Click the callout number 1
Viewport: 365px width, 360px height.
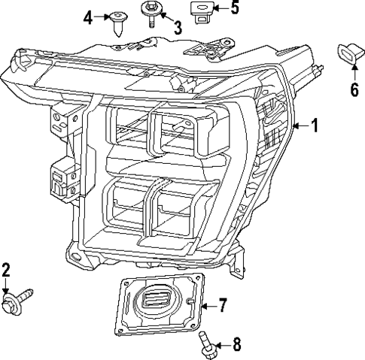[x=315, y=126]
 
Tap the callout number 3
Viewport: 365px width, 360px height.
[x=178, y=29]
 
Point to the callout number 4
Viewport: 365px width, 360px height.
[x=88, y=16]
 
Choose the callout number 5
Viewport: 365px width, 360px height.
[x=234, y=9]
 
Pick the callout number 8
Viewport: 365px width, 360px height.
[x=236, y=345]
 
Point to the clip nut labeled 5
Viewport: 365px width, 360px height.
[x=200, y=11]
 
